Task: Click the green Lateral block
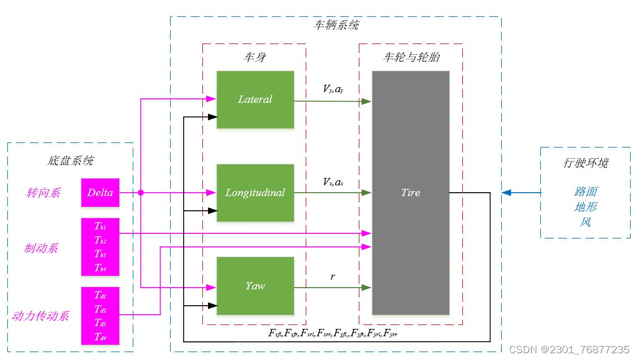(255, 99)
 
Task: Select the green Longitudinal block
(255, 193)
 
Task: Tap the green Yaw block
(255, 286)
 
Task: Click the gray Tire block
(410, 193)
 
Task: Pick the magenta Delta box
(100, 193)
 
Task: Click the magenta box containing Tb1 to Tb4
(100, 247)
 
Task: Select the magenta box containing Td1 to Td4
(100, 316)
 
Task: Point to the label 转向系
(43, 193)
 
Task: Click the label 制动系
(41, 248)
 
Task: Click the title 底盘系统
(70, 161)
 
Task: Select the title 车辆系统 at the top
(336, 25)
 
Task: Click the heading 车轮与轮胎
(411, 57)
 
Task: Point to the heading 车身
(254, 57)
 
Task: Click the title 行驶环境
(585, 163)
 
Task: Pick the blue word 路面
(585, 192)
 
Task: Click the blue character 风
(585, 222)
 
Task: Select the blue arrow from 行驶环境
(520, 193)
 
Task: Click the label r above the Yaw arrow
(333, 277)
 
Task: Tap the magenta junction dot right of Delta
(140, 193)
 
